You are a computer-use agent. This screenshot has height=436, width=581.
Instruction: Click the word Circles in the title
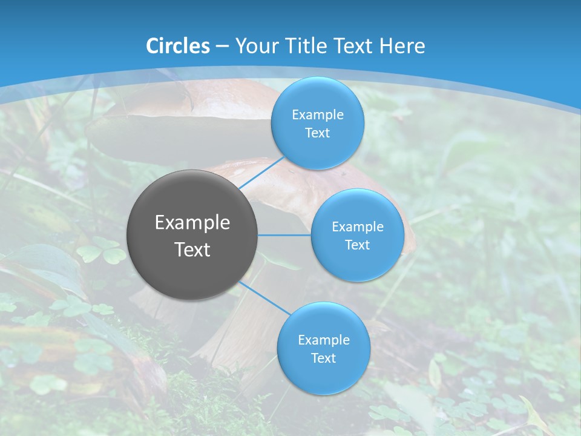(177, 46)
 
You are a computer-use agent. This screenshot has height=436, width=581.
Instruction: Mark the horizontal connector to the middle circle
(284, 235)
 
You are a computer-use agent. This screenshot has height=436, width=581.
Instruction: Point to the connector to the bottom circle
(264, 298)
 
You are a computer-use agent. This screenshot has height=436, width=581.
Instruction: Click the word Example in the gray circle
(192, 223)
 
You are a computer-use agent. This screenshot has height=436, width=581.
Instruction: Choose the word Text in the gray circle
(192, 249)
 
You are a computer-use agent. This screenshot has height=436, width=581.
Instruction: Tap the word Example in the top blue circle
(318, 115)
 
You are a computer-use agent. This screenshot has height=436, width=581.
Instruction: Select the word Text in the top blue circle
(317, 133)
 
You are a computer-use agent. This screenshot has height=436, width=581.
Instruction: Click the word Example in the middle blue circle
(358, 227)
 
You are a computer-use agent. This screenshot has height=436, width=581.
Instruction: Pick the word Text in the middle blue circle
(357, 245)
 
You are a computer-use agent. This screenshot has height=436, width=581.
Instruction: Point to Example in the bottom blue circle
(324, 340)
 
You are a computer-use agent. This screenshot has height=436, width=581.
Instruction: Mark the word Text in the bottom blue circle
(323, 358)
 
